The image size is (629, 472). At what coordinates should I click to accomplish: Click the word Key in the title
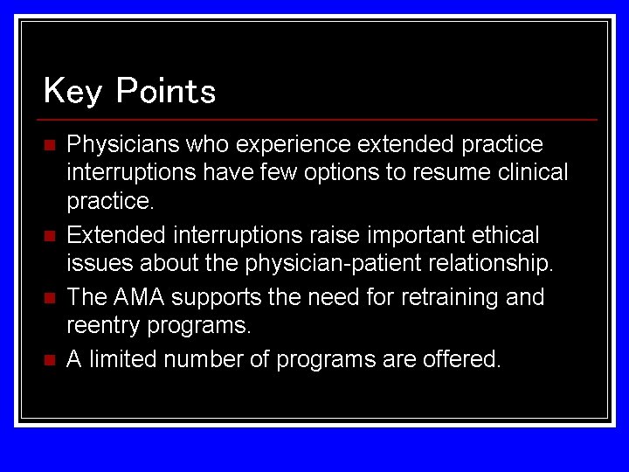[x=73, y=91]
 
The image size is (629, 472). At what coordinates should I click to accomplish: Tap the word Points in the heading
[x=165, y=91]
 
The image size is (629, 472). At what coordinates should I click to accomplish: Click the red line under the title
[x=320, y=119]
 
